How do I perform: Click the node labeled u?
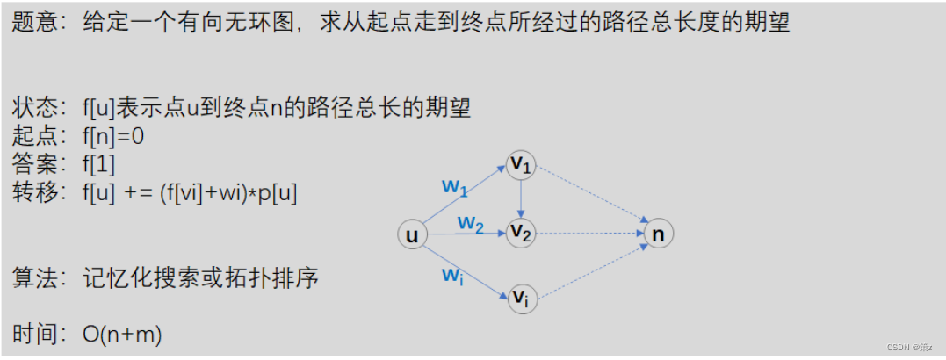(x=411, y=234)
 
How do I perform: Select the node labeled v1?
(x=522, y=164)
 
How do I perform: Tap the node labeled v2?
(x=522, y=234)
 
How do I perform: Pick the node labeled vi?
(x=522, y=299)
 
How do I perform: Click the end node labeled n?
(x=658, y=234)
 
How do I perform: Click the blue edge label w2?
(x=471, y=224)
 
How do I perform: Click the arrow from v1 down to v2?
(x=522, y=199)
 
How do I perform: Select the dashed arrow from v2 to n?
(x=589, y=234)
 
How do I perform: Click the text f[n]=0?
(x=113, y=137)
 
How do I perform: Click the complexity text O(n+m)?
(x=122, y=335)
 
